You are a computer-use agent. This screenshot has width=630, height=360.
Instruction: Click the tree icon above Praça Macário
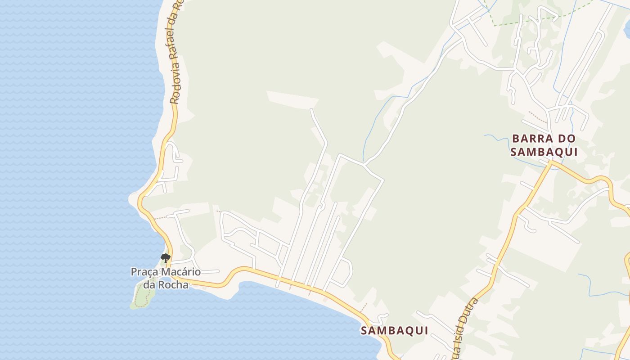(x=166, y=258)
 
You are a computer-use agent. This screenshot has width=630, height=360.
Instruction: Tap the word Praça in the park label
(x=143, y=272)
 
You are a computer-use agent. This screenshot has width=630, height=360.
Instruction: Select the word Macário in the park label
(x=179, y=272)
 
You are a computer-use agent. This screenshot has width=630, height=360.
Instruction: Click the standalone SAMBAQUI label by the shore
(x=394, y=331)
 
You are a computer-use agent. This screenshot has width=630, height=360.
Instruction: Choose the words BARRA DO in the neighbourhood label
(x=544, y=138)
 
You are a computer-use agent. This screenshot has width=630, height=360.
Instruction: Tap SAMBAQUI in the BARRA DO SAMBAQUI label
(x=544, y=152)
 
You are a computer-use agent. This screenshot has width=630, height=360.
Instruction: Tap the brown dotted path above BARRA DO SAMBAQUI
(x=538, y=117)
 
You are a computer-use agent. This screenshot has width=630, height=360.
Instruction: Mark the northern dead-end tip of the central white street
(x=311, y=110)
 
